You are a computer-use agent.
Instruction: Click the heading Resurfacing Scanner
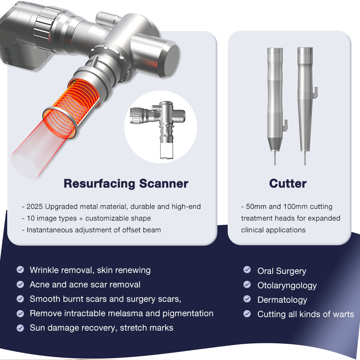point(126,184)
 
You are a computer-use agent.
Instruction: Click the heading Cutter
point(288,184)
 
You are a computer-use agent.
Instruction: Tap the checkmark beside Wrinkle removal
point(20,270)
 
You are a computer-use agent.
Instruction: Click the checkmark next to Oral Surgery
point(247,270)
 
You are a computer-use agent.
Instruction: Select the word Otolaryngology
point(287,285)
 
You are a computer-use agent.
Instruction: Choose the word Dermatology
point(282,300)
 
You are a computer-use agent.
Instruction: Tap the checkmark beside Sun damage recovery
point(20,328)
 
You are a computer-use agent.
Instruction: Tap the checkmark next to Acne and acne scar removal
point(20,284)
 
